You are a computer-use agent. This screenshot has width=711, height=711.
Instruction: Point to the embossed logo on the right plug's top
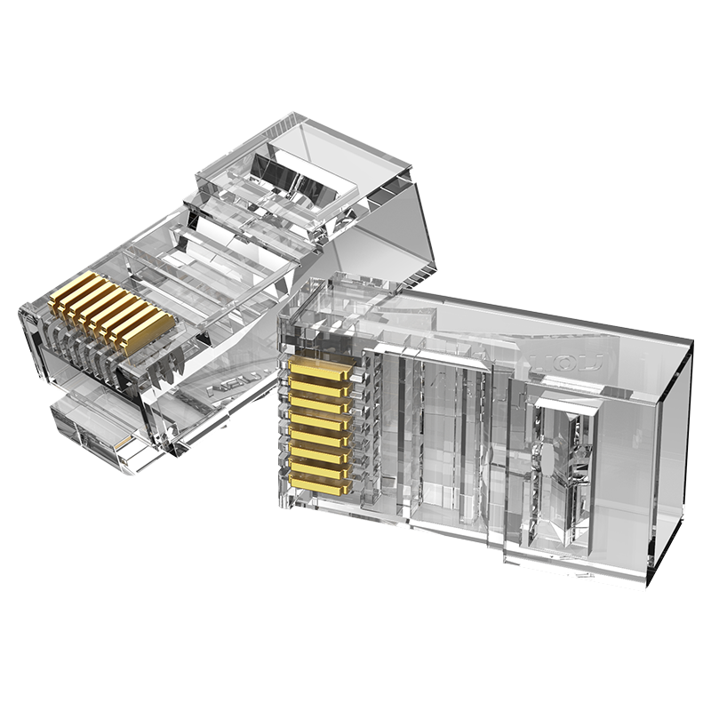(578, 363)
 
